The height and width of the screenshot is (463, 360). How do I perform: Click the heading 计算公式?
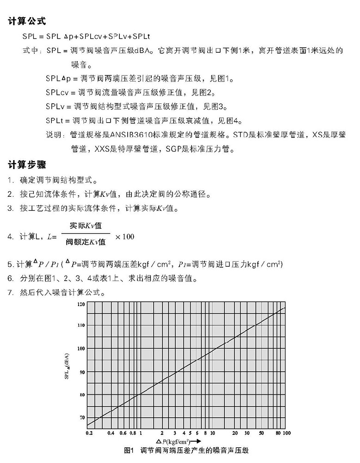click(x=26, y=21)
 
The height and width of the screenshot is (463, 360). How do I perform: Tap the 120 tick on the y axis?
click(x=81, y=304)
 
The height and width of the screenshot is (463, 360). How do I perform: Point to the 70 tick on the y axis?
click(x=82, y=418)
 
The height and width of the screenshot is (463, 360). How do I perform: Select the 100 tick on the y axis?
click(x=81, y=348)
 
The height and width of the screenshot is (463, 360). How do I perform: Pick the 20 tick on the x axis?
click(x=235, y=433)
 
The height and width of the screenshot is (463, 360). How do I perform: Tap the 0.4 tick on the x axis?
click(x=111, y=433)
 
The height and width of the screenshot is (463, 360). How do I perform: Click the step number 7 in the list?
click(x=10, y=293)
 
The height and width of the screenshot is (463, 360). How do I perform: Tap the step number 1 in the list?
click(x=10, y=180)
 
